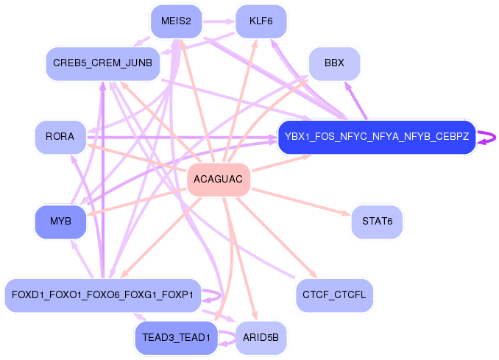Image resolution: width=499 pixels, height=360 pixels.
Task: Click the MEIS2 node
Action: click(x=176, y=21)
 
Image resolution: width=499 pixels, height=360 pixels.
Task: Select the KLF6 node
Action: click(x=261, y=21)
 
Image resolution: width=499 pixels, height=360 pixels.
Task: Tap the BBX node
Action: click(x=334, y=63)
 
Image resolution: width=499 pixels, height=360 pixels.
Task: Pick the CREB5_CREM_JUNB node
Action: click(x=102, y=63)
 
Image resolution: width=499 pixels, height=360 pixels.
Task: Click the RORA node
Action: click(x=60, y=137)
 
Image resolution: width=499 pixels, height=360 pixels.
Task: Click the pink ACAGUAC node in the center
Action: click(x=219, y=180)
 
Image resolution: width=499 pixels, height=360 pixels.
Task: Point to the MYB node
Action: click(x=60, y=222)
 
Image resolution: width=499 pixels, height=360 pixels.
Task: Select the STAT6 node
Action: click(x=377, y=222)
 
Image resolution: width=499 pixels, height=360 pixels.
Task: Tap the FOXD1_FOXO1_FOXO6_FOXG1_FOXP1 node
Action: click(x=102, y=295)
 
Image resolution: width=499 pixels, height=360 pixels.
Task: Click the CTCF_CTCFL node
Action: click(x=334, y=295)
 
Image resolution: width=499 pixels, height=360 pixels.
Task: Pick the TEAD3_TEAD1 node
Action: click(x=176, y=338)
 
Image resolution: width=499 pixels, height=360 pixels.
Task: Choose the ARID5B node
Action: click(x=261, y=338)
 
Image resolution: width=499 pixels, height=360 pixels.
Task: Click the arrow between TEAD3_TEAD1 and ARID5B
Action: click(x=227, y=338)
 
